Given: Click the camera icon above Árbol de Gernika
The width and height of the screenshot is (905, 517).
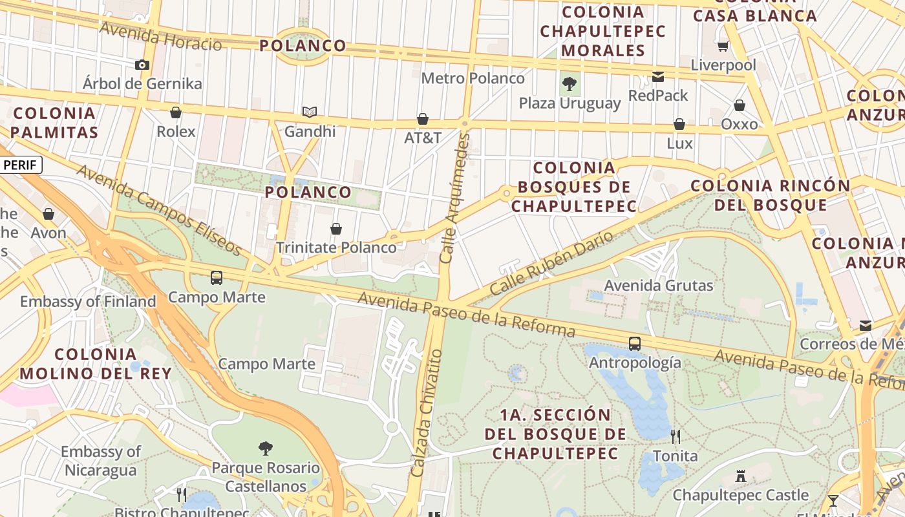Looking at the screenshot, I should (142, 65).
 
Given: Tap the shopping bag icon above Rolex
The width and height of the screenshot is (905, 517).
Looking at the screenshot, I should (175, 112).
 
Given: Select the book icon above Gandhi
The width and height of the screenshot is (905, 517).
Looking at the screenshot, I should (310, 112).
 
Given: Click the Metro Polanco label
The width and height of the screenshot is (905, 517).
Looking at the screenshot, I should (473, 78).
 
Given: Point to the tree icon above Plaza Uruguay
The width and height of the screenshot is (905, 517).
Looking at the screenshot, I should (570, 83).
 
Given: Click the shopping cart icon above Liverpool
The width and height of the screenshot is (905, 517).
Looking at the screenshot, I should (723, 46).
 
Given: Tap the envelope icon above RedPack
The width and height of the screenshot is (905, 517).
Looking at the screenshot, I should (658, 77).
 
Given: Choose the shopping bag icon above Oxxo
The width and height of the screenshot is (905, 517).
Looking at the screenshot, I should (740, 105).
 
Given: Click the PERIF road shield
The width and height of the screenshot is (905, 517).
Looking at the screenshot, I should (21, 165).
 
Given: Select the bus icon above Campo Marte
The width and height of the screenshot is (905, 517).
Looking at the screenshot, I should (217, 278).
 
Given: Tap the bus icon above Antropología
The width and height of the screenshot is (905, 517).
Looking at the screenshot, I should (635, 343).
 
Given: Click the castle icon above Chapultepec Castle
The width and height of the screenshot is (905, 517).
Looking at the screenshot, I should (741, 476).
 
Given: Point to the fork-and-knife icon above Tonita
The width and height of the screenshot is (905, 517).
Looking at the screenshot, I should (676, 437).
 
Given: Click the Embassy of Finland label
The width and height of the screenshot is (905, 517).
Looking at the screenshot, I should (88, 301).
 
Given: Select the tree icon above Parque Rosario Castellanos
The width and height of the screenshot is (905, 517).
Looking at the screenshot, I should (265, 448).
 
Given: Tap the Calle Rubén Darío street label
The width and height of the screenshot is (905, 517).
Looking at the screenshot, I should (551, 264).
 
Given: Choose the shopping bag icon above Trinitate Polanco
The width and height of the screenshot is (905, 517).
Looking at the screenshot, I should (336, 229).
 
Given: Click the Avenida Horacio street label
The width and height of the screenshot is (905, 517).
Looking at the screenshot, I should (161, 36).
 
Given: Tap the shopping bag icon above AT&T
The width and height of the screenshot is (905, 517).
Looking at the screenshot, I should (423, 119).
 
